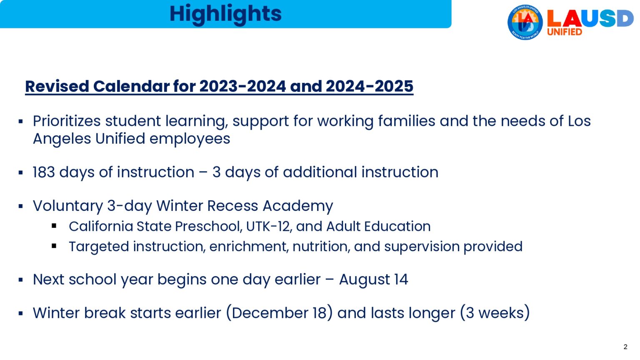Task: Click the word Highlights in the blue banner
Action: click(225, 13)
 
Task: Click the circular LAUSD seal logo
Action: click(525, 22)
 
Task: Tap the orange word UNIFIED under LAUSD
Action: click(564, 32)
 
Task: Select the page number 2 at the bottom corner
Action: click(625, 347)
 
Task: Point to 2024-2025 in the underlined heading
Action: click(369, 86)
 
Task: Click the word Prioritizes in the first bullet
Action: click(67, 121)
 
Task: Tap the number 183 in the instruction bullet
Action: click(44, 172)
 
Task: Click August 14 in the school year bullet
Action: click(373, 280)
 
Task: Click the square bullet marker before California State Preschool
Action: click(54, 226)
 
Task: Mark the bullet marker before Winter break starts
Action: click(20, 313)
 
